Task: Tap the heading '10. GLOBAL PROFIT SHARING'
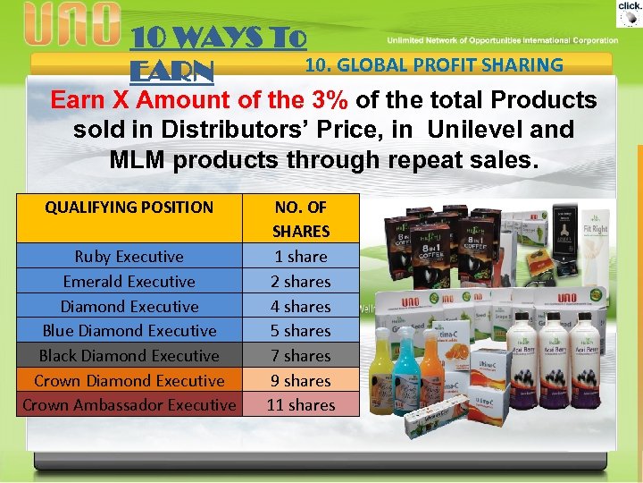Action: (x=434, y=64)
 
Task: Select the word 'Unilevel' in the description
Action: (x=475, y=130)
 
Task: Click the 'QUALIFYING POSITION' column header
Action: (x=129, y=208)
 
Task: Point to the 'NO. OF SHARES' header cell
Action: (x=301, y=218)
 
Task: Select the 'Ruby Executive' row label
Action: (x=129, y=257)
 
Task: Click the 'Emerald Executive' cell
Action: (x=129, y=281)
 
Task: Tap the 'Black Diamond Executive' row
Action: (x=129, y=355)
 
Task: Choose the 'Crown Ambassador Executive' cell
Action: (x=129, y=405)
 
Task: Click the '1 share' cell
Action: (x=301, y=257)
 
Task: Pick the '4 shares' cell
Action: (x=301, y=306)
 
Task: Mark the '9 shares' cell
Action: (x=301, y=380)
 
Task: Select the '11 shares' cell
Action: (x=301, y=405)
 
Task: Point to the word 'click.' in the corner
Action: (x=630, y=6)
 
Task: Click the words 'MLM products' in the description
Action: (x=188, y=160)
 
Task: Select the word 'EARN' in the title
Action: (x=171, y=70)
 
